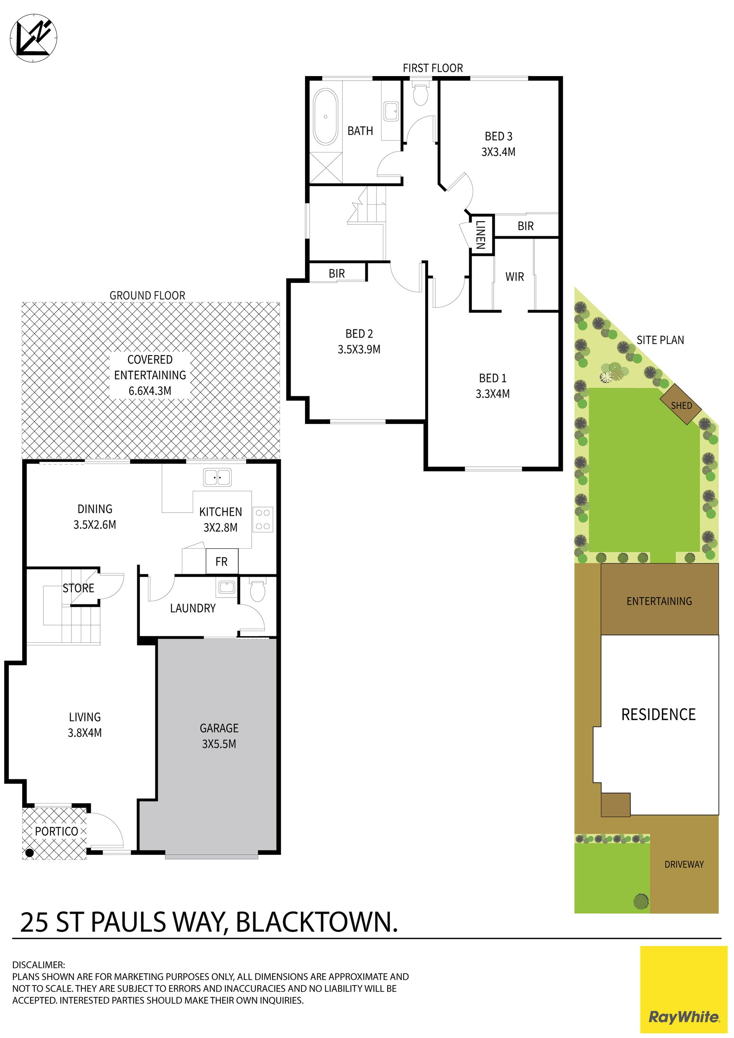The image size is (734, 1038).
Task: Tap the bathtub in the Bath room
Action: pyautogui.click(x=325, y=117)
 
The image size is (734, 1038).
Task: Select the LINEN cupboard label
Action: pyautogui.click(x=481, y=235)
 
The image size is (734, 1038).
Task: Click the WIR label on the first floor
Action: pyautogui.click(x=515, y=277)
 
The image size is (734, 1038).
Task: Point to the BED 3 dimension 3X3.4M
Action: pyautogui.click(x=499, y=152)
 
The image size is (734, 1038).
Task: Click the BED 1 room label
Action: pyautogui.click(x=493, y=378)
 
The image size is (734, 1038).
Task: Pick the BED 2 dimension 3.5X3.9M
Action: pyautogui.click(x=359, y=349)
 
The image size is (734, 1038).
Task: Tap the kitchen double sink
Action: pyautogui.click(x=217, y=478)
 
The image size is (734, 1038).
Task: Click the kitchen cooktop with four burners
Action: pyautogui.click(x=263, y=519)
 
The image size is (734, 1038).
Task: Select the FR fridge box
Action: pyautogui.click(x=222, y=562)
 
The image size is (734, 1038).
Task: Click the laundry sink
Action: pyautogui.click(x=226, y=587)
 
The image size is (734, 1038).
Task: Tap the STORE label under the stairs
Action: pyautogui.click(x=79, y=588)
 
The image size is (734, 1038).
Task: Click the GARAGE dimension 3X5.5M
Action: pyautogui.click(x=219, y=744)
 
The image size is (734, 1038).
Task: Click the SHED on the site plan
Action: pyautogui.click(x=680, y=404)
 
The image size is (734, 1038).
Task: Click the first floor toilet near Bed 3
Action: pyautogui.click(x=421, y=94)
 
